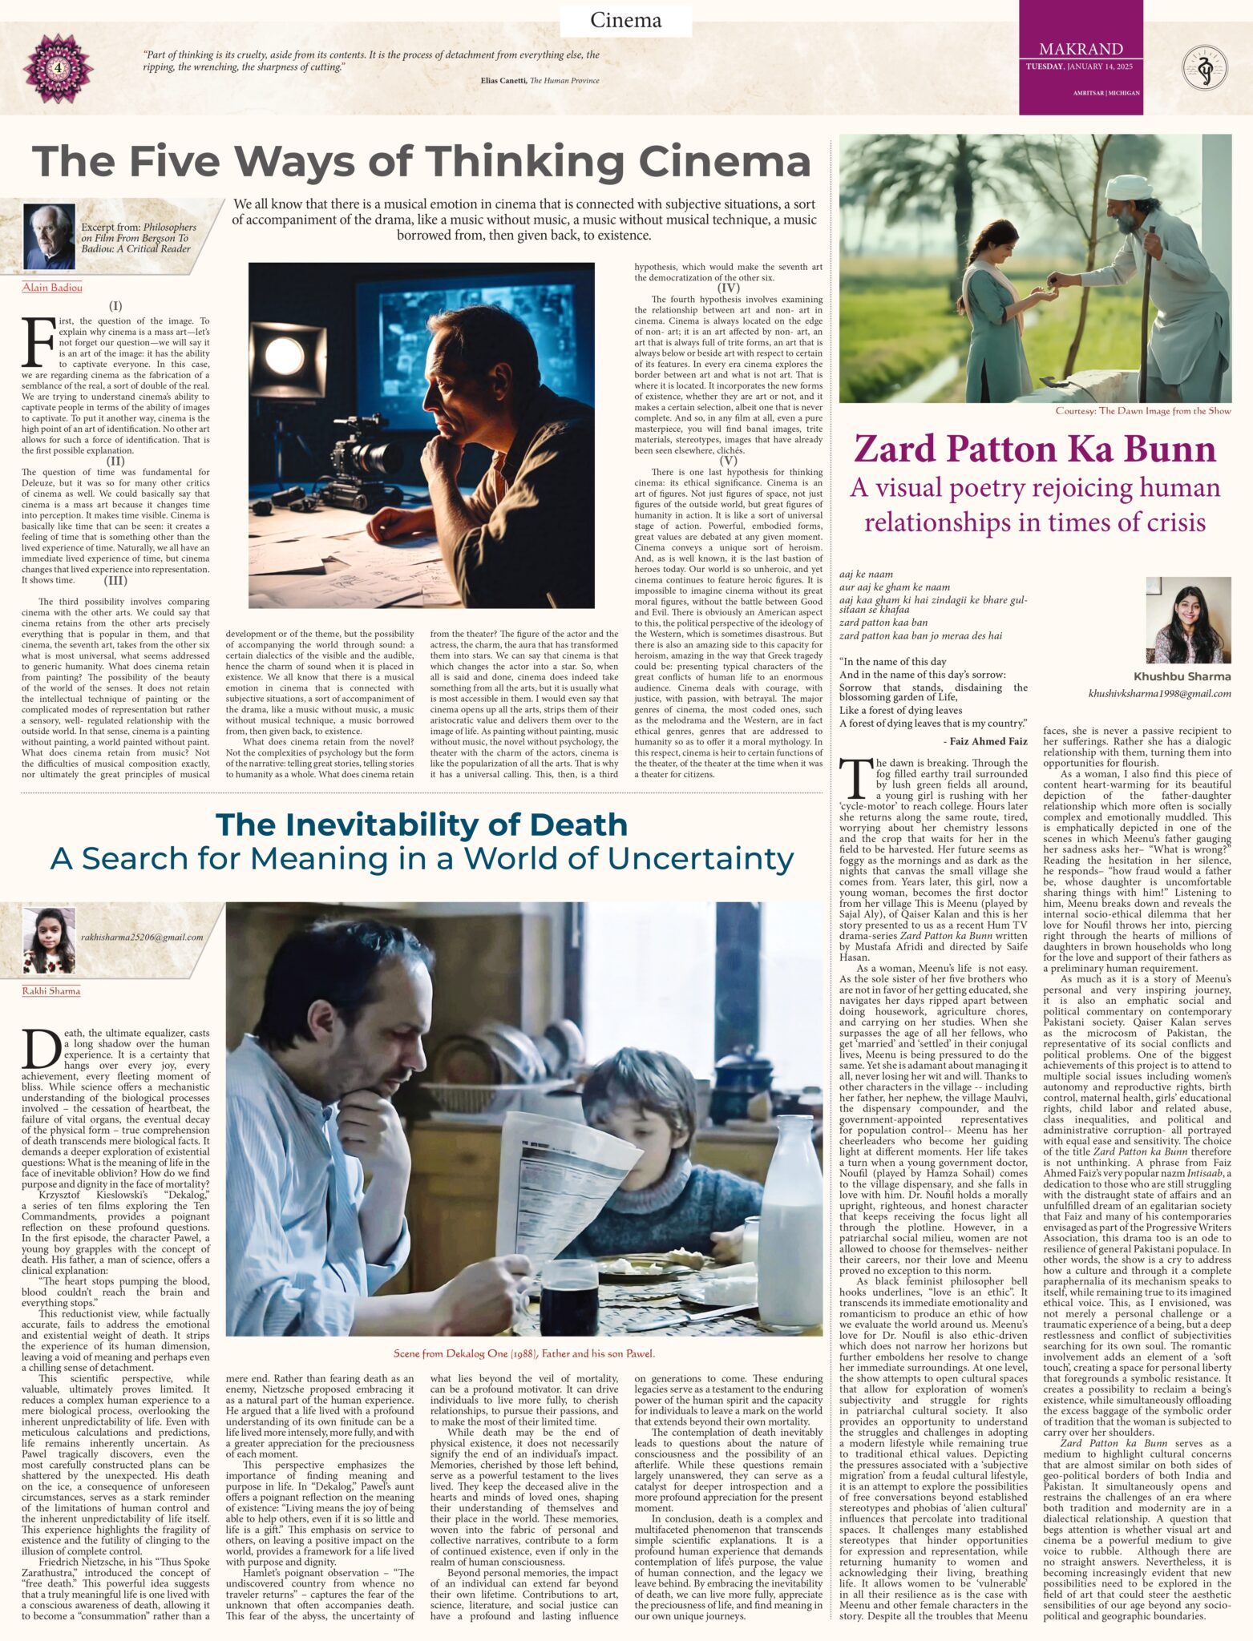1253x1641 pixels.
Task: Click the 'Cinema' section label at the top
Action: click(625, 20)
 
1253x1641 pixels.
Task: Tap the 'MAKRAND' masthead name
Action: click(1080, 49)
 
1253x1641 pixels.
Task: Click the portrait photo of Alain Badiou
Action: click(49, 236)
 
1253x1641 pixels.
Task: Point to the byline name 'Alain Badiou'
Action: click(52, 288)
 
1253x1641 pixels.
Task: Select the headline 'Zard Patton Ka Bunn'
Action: click(1034, 448)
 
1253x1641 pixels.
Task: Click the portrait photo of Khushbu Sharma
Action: click(1187, 620)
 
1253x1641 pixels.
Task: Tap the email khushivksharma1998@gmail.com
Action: click(1159, 694)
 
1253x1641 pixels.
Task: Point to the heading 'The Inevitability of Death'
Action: click(421, 825)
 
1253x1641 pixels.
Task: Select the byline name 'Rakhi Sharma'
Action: click(51, 991)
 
